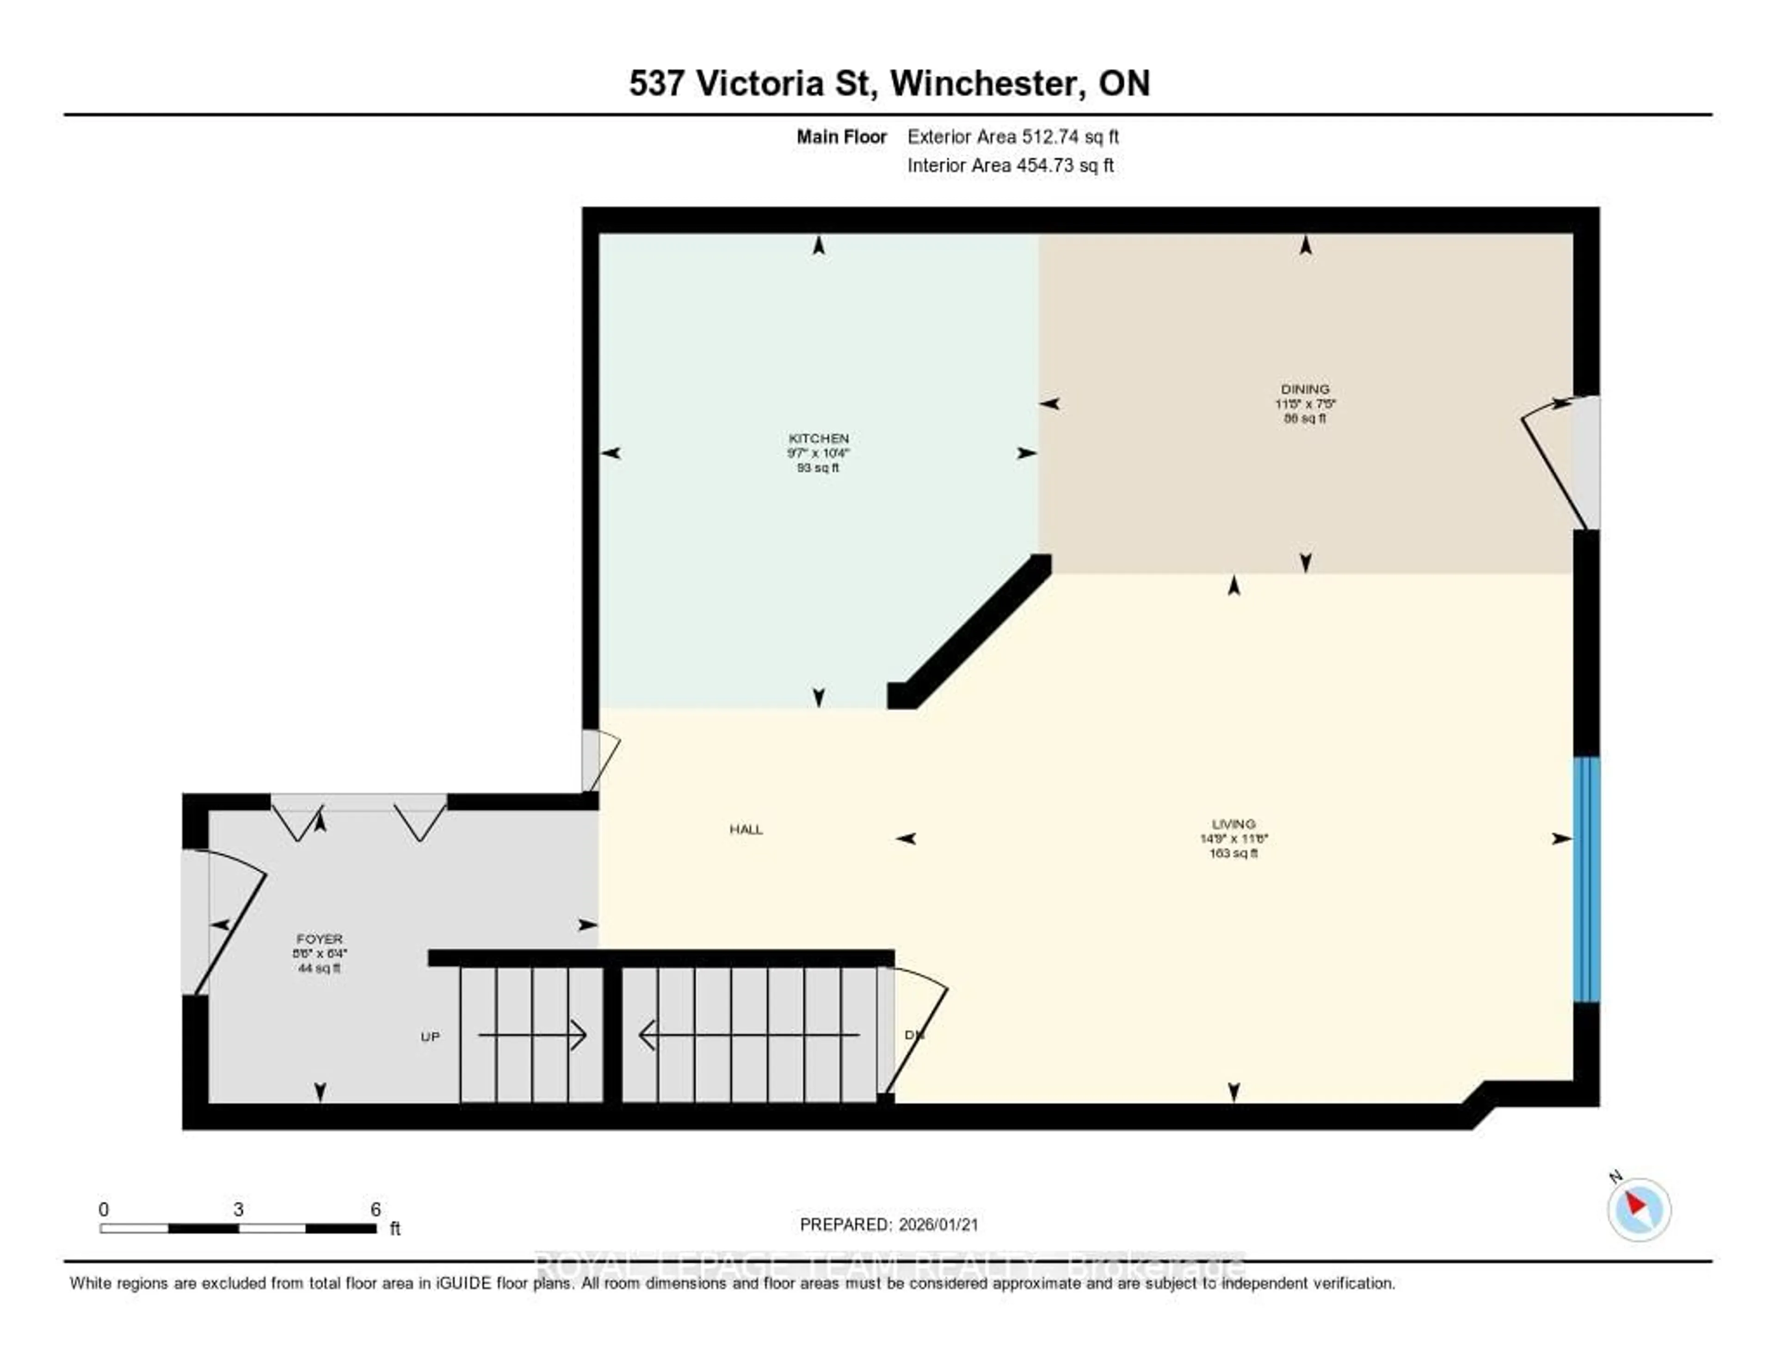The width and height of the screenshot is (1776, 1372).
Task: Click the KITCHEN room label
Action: pos(818,439)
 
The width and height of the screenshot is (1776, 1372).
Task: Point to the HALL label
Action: pos(746,829)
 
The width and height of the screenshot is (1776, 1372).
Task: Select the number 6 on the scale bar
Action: pos(376,1209)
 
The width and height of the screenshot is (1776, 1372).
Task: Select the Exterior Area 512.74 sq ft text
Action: pos(1012,136)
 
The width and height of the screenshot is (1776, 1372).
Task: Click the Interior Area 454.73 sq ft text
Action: pos(1010,166)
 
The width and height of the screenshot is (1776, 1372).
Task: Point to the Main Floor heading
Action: pos(841,136)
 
